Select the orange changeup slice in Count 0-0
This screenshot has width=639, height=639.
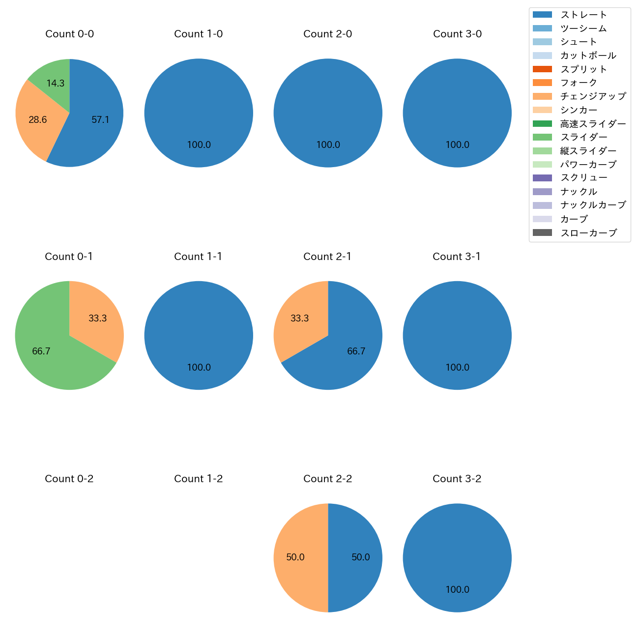(x=34, y=120)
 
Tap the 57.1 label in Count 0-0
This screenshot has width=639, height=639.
(x=100, y=119)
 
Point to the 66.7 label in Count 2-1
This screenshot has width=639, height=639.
(x=356, y=351)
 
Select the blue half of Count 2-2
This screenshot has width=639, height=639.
(x=356, y=557)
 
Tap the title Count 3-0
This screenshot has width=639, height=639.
(x=457, y=34)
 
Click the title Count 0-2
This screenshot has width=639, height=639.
(x=69, y=479)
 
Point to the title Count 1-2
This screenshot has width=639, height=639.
(x=199, y=479)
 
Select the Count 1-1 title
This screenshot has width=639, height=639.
(x=198, y=257)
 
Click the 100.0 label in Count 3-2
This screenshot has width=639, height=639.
(x=457, y=589)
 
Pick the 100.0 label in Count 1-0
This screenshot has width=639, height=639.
(x=199, y=145)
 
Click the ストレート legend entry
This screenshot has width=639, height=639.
(x=583, y=15)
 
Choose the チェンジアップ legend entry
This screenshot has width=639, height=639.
(x=593, y=96)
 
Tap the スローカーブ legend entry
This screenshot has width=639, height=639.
(x=588, y=233)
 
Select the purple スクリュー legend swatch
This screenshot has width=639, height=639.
(x=542, y=178)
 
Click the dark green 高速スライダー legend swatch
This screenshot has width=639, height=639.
(x=542, y=124)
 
